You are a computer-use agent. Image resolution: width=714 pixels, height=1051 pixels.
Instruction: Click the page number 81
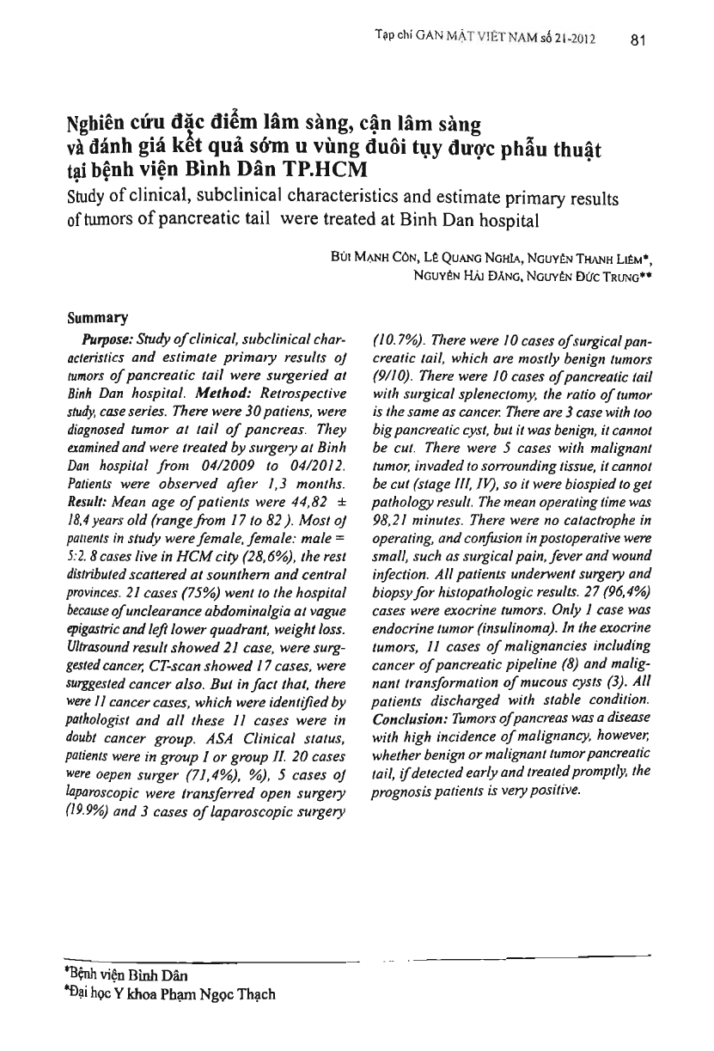tap(638, 40)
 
